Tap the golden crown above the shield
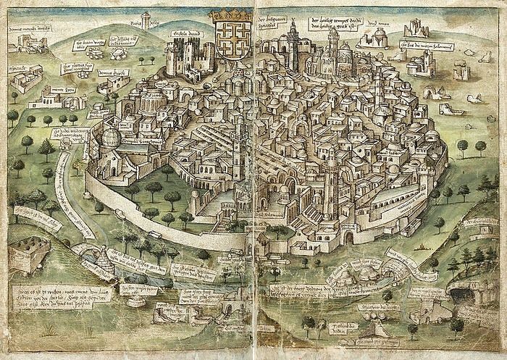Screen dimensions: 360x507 click(230, 14)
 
